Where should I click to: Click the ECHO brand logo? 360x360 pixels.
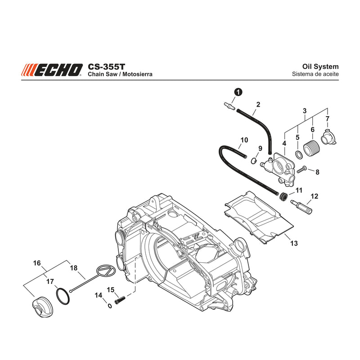[52, 70]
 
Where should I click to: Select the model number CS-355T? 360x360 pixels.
[107, 67]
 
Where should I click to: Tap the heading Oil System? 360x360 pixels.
[320, 67]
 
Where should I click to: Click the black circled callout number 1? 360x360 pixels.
[238, 92]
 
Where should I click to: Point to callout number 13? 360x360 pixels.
[294, 243]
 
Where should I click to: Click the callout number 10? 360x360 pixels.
[244, 140]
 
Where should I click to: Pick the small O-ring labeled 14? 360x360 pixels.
[110, 306]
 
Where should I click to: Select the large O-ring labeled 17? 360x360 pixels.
[63, 297]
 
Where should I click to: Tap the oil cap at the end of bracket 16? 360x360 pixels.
[42, 307]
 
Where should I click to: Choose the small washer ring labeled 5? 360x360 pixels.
[299, 154]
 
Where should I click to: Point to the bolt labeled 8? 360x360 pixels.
[302, 170]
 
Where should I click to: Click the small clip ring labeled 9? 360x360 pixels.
[253, 161]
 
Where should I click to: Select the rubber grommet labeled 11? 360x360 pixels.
[284, 197]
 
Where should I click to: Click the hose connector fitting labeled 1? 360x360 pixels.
[229, 106]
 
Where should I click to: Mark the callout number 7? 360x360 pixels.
[328, 119]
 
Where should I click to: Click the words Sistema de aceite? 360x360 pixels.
[315, 74]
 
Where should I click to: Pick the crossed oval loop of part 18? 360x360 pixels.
[106, 270]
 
